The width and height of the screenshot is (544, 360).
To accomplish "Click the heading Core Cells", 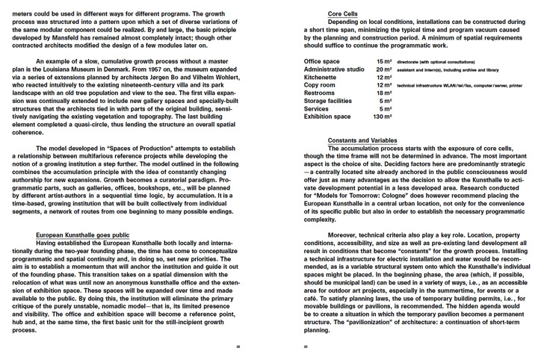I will click(x=343, y=13).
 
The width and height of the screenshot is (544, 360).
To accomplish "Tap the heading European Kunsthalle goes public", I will click(x=82, y=235).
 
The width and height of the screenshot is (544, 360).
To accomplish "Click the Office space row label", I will click(x=322, y=60).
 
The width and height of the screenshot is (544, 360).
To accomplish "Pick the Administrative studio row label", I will click(x=334, y=69).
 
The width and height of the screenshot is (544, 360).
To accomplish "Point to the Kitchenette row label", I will click(x=321, y=77).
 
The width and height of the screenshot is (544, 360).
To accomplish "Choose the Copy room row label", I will click(x=320, y=85).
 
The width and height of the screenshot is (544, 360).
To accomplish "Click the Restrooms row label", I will click(x=320, y=93).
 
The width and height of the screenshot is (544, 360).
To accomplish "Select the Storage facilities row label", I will click(x=327, y=101).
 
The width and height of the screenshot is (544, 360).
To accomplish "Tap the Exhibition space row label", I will click(x=327, y=117).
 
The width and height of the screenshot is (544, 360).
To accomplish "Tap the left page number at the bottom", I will click(x=238, y=347).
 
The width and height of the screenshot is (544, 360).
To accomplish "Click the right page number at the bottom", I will click(x=306, y=347).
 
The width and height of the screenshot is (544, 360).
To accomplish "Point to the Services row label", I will click(x=318, y=108).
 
